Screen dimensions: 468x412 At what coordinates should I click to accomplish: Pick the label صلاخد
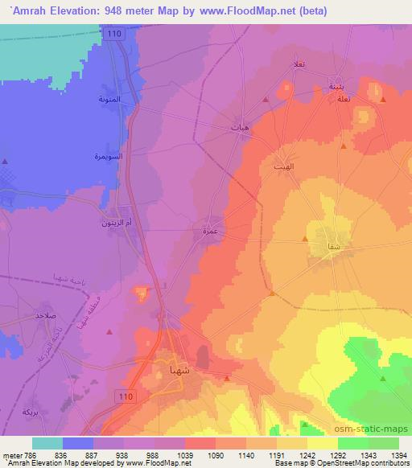tap(43, 316)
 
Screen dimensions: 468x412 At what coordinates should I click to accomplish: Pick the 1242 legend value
tap(307, 454)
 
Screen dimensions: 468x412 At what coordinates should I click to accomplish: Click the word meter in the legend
tap(12, 454)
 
